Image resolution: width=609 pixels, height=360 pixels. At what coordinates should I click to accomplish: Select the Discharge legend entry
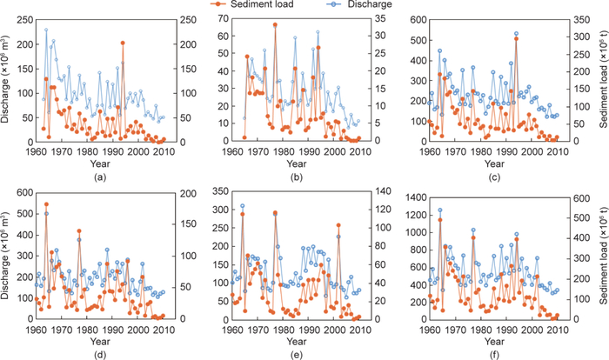(352, 5)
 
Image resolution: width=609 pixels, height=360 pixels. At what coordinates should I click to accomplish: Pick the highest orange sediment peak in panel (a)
(123, 43)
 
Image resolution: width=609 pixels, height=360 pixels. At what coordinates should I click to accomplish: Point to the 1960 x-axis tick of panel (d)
(36, 329)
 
